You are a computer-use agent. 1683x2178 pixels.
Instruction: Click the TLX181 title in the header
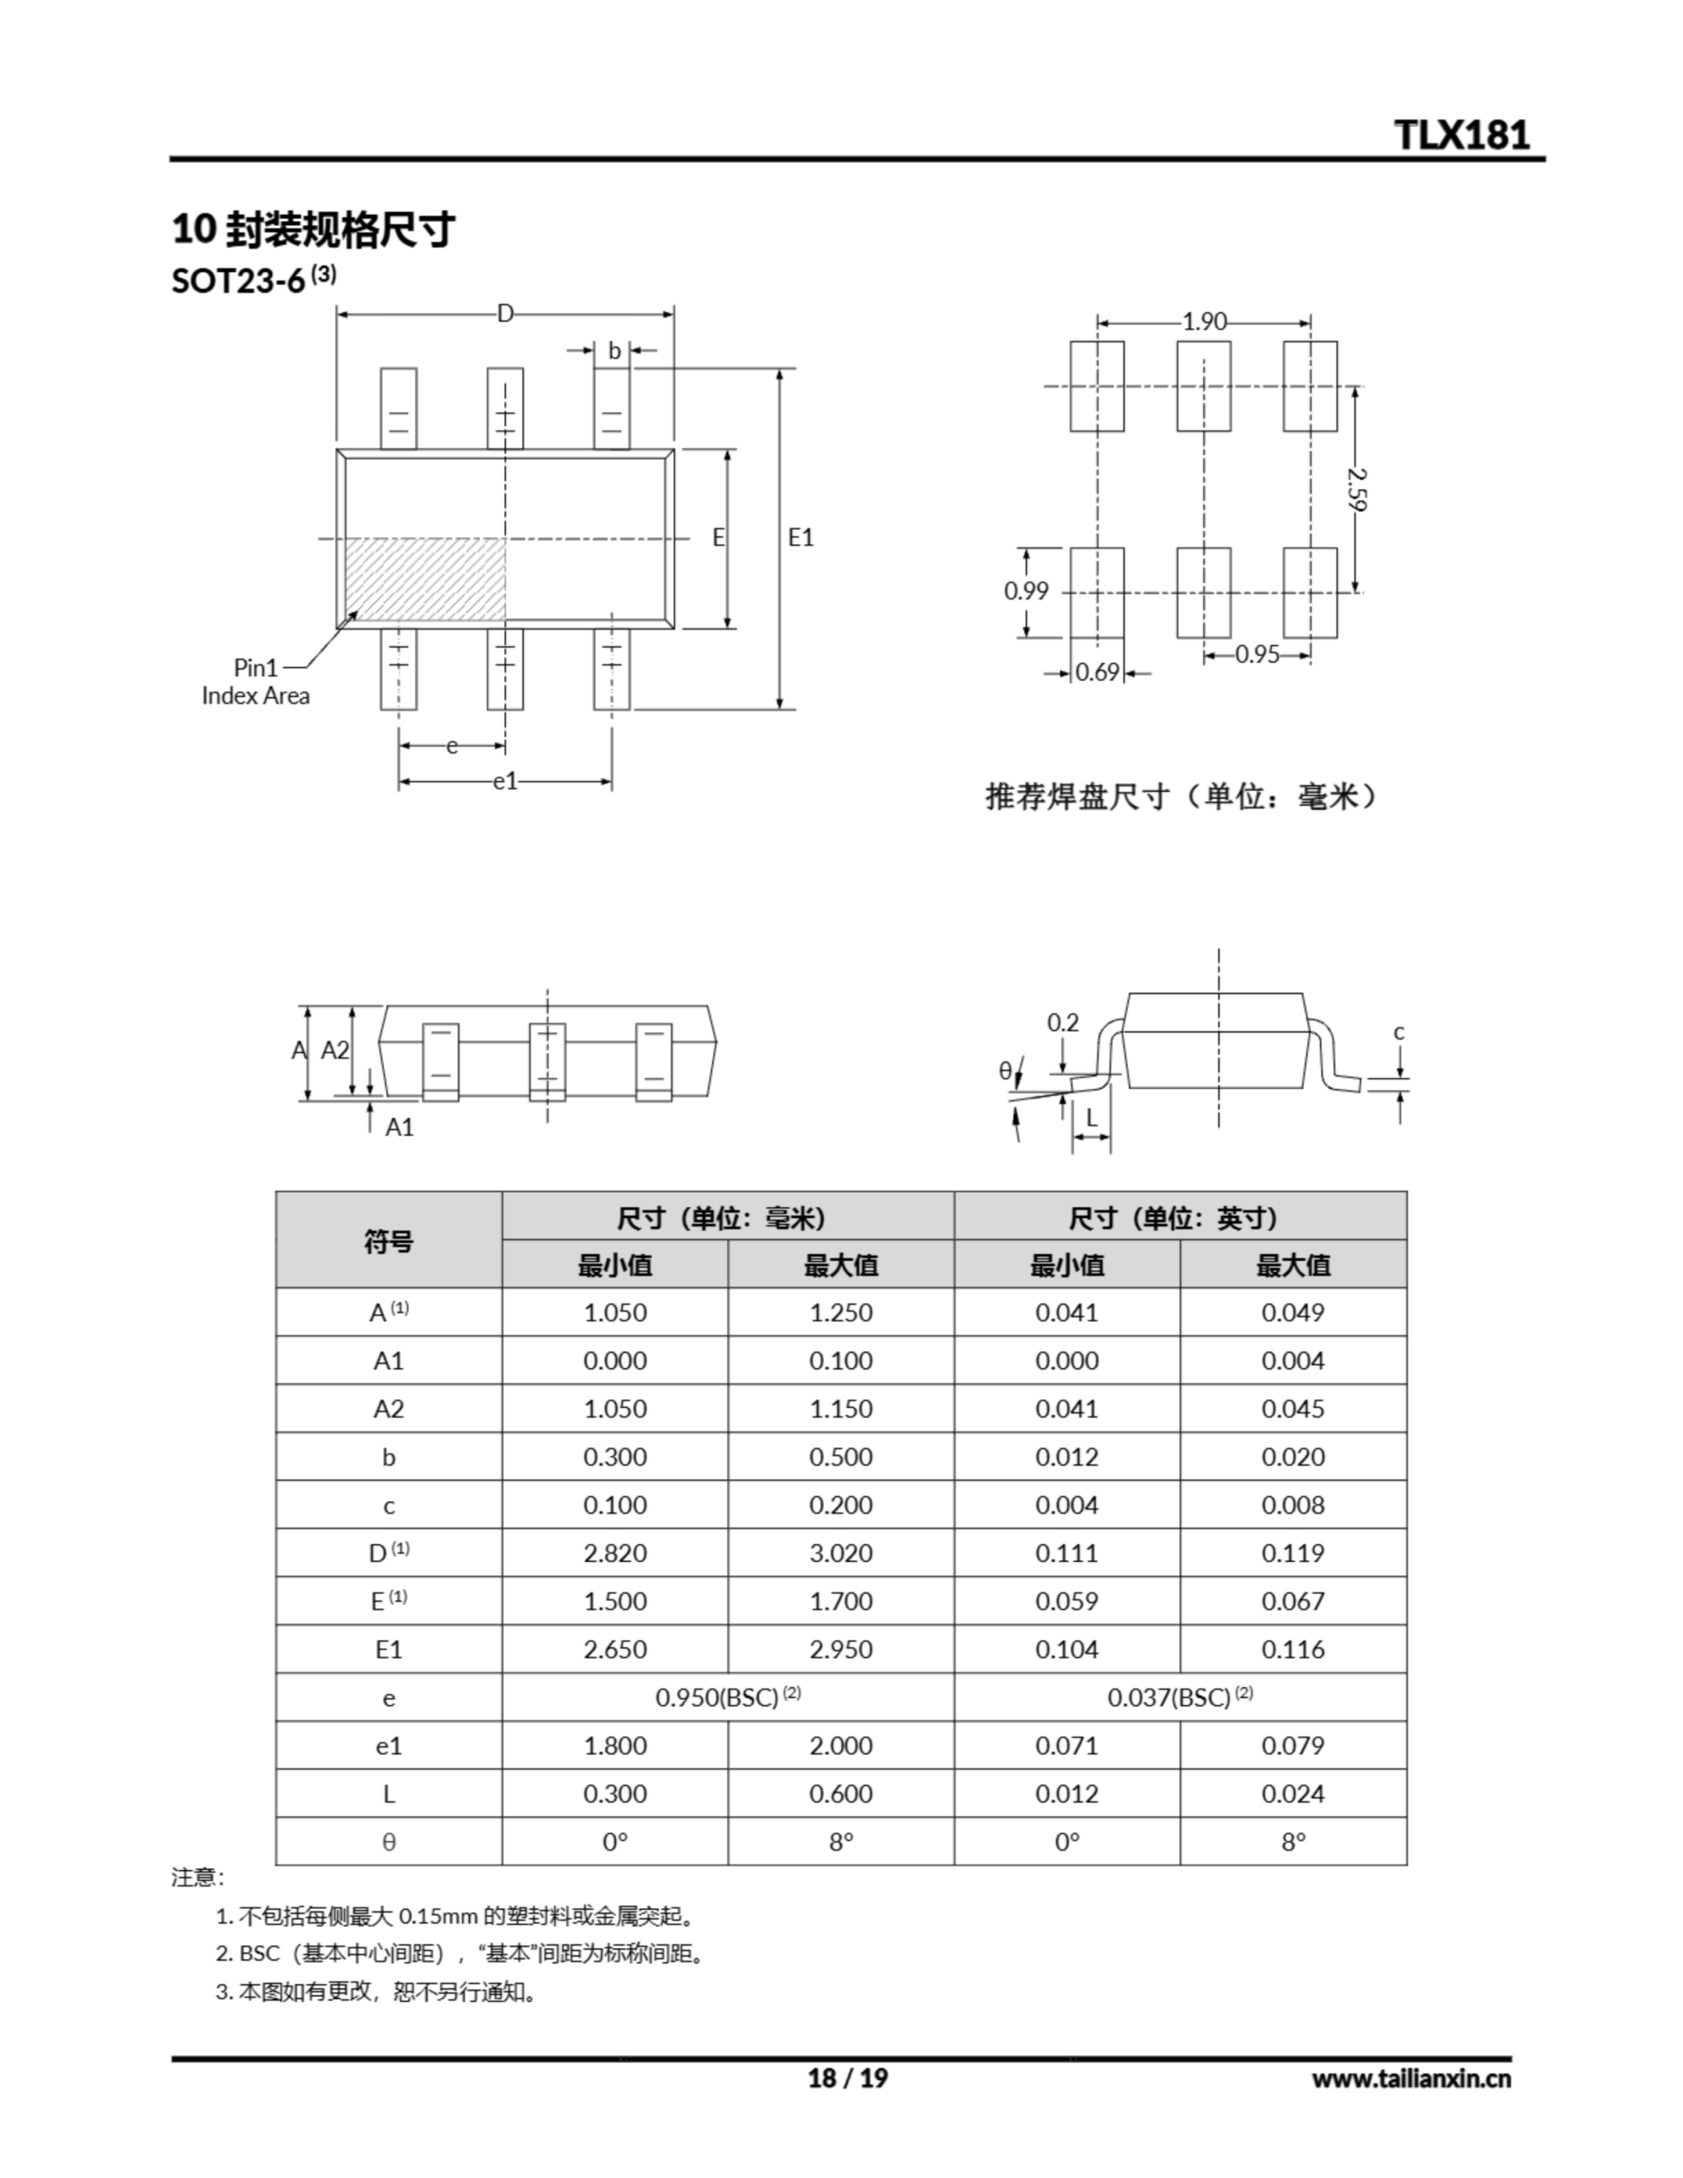[x=1461, y=134]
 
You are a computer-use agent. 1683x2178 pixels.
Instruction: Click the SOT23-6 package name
[x=238, y=282]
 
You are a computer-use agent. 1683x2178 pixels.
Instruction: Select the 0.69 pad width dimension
[x=1098, y=673]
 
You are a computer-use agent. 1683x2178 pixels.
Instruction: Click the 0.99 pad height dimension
[x=1025, y=591]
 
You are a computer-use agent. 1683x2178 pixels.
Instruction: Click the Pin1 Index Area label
[x=256, y=682]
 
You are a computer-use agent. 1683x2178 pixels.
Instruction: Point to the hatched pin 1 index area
[x=425, y=579]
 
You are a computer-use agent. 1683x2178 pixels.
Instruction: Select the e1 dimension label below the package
[x=505, y=782]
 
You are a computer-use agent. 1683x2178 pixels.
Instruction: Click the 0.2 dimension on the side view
[x=1063, y=1022]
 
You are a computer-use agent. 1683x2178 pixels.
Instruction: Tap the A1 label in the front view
[x=399, y=1127]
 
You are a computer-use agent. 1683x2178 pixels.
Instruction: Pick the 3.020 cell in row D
[x=840, y=1553]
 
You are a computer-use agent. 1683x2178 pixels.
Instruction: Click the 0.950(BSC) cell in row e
[x=727, y=1697]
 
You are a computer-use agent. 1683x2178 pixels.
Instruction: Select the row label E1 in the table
[x=388, y=1650]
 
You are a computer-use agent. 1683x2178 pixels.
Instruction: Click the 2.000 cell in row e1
[x=840, y=1745]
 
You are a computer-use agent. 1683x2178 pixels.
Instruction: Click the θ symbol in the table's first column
[x=388, y=1842]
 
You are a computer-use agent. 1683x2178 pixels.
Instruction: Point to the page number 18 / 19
[x=847, y=2078]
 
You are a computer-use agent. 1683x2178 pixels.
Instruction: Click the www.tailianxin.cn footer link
[x=1410, y=2078]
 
